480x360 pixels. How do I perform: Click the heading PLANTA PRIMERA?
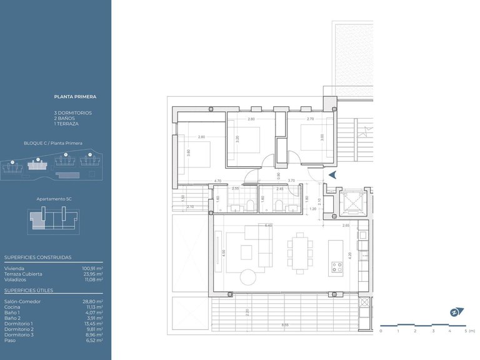click(x=75, y=97)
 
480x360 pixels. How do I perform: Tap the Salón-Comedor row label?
click(x=22, y=301)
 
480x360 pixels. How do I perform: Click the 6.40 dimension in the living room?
click(x=267, y=226)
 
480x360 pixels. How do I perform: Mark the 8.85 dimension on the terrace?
click(x=284, y=324)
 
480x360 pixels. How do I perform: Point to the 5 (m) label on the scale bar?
click(x=469, y=331)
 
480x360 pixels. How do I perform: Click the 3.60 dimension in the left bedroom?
click(x=187, y=152)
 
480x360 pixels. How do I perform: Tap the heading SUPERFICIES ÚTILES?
click(x=28, y=291)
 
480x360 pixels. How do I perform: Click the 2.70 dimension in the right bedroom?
click(x=310, y=119)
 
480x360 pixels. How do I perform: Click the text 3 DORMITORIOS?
click(x=72, y=112)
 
